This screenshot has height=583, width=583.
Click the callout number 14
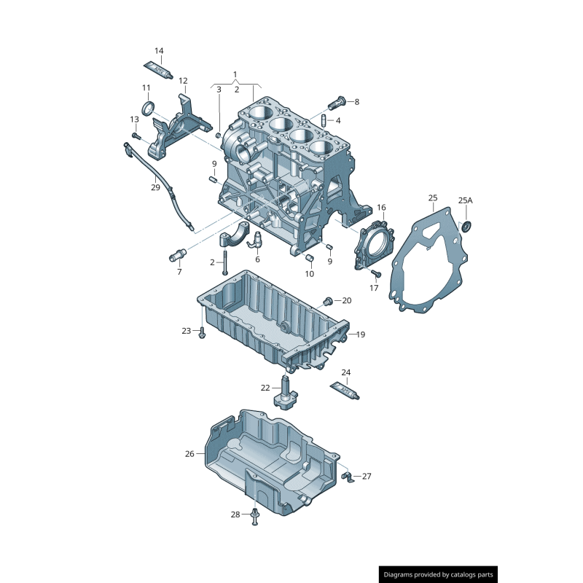pos(159,51)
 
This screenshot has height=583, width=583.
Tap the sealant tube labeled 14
pos(157,69)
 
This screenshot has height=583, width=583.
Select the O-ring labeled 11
pos(148,109)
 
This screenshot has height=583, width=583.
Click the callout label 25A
pos(465,200)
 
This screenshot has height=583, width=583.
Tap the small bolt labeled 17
pos(376,274)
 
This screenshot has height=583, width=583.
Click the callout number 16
pos(381,208)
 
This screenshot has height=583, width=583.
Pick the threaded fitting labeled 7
pos(178,254)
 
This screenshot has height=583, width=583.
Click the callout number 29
pos(155,187)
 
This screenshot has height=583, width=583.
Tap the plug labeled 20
pos(328,301)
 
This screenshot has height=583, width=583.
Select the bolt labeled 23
pos(202,332)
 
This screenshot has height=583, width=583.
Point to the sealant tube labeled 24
pos(345,391)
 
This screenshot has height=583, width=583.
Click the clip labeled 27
pos(348,477)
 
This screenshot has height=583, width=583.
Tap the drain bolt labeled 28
pos(254,517)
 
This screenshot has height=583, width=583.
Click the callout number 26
pos(189,453)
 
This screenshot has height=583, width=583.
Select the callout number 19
pos(361,334)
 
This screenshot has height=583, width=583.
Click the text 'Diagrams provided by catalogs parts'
pos(439,575)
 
